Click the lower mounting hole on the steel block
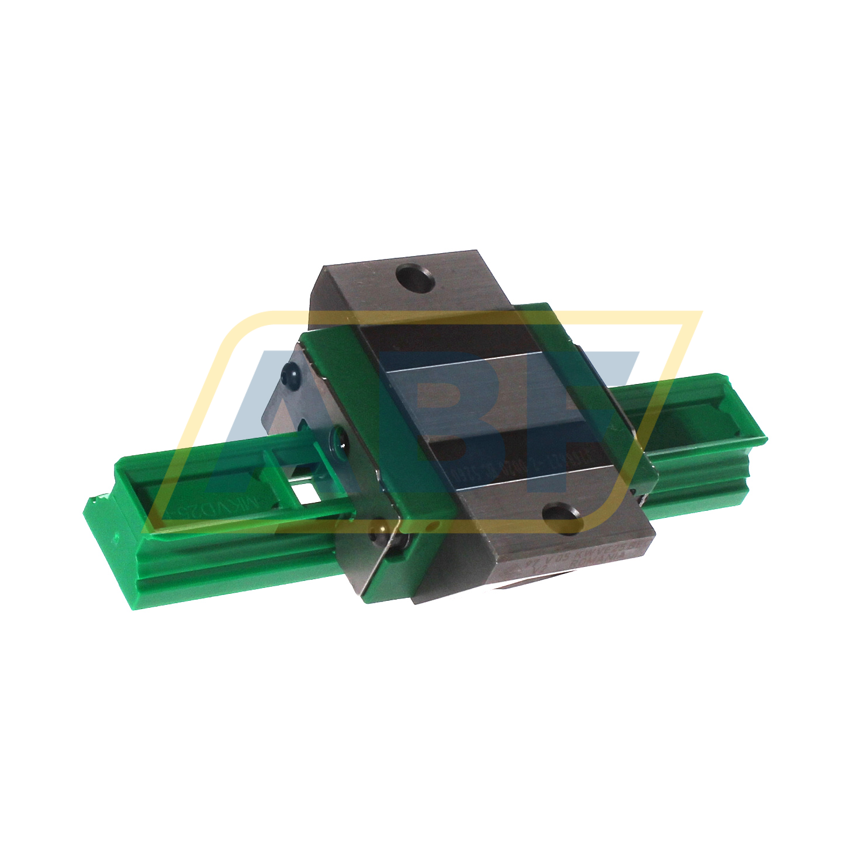pyautogui.click(x=562, y=517)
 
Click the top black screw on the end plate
pyautogui.click(x=290, y=372)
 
